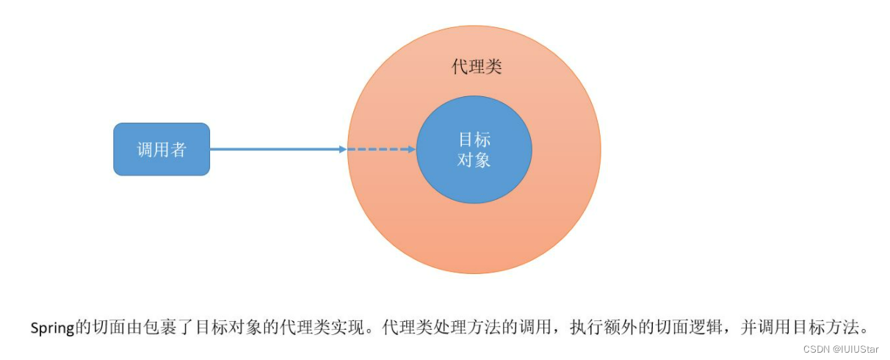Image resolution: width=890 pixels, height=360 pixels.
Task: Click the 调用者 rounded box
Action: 162,149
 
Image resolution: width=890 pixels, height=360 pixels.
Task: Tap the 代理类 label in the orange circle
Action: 477,68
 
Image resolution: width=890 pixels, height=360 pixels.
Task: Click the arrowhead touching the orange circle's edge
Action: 343,150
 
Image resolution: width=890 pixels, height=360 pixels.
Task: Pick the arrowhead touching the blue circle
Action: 411,150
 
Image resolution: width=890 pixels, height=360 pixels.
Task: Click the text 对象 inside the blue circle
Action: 474,159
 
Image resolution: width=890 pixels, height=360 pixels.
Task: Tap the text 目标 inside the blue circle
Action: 474,140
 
